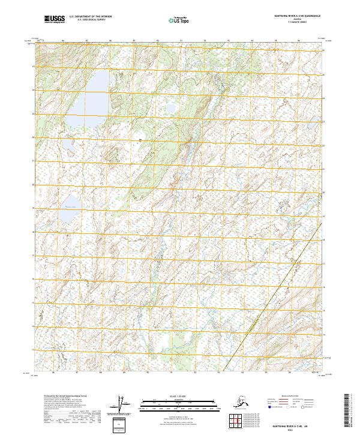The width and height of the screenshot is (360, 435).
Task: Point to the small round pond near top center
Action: pyautogui.click(x=170, y=108)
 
